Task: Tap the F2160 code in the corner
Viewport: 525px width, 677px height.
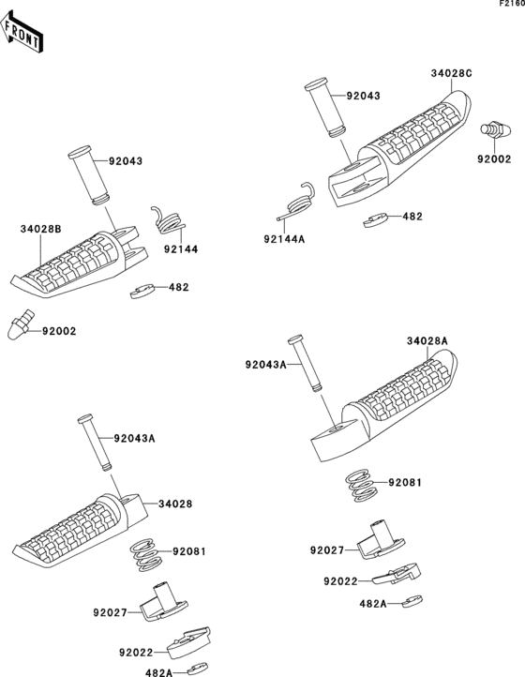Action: [510, 5]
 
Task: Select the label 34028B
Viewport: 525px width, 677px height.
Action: [42, 228]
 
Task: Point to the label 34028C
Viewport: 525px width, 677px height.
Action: [452, 72]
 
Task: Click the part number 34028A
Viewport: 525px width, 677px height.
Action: [427, 340]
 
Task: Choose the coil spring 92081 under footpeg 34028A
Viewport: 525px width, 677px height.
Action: [360, 484]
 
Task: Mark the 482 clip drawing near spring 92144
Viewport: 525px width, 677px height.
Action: [142, 293]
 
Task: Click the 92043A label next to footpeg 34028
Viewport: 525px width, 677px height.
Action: [134, 438]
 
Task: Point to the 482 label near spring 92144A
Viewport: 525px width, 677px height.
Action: [412, 216]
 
